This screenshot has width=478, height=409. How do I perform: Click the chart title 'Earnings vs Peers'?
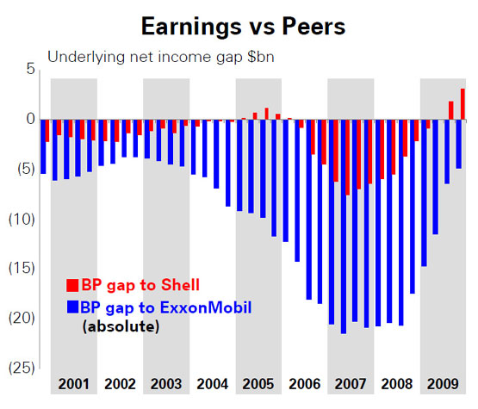(243, 27)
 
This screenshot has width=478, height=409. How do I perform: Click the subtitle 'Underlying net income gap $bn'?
(161, 57)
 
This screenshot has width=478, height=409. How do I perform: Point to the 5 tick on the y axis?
(31, 69)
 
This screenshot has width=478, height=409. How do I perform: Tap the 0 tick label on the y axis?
(30, 119)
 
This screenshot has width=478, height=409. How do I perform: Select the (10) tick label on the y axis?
(22, 219)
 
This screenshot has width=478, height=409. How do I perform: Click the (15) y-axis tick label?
(22, 268)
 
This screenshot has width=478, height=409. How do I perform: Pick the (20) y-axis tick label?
(22, 318)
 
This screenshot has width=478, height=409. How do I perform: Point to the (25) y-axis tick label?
(22, 368)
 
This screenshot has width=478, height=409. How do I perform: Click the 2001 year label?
(74, 384)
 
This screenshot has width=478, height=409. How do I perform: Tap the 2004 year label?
(213, 384)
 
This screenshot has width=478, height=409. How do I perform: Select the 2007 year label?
(351, 384)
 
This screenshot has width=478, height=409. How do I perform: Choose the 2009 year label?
(443, 384)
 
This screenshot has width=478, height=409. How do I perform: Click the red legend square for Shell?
(72, 285)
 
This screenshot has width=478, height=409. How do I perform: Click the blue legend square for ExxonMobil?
(72, 307)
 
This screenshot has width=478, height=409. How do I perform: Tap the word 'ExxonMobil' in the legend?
(206, 307)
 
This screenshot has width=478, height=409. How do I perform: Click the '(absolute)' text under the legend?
(121, 326)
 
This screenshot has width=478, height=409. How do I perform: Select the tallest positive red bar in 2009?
(462, 104)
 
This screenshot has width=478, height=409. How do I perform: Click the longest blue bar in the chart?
(344, 226)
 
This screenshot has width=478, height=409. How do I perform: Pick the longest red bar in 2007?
(348, 158)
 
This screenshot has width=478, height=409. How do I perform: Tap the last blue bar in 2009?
(458, 144)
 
